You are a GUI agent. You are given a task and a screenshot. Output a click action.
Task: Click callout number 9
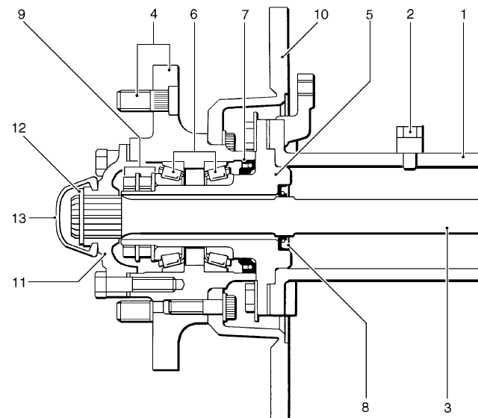tap(22, 14)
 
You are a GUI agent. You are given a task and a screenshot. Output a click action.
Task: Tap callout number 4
tap(154, 14)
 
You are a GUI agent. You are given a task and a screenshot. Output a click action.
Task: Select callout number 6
tap(193, 14)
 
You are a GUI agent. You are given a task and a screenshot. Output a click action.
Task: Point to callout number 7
tap(246, 15)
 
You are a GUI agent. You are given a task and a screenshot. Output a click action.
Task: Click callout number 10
tap(321, 14)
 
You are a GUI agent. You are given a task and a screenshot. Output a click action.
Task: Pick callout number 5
tap(370, 15)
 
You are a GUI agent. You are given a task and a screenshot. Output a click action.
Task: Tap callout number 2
tap(410, 14)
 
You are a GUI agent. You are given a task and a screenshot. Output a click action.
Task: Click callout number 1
tap(464, 14)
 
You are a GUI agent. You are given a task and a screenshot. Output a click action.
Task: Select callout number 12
tap(19, 128)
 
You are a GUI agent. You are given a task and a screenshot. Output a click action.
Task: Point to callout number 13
tap(19, 219)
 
